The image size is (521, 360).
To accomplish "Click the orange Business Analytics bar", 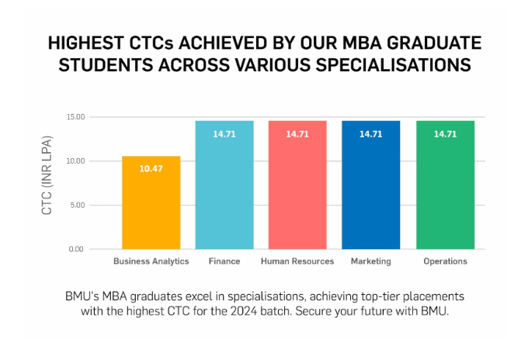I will [151, 203].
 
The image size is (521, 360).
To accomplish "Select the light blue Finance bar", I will [224, 186].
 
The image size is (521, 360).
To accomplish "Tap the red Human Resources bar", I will [297, 186].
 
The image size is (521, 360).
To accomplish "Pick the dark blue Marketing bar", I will [370, 186].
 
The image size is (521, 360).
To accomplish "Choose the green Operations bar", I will [445, 186].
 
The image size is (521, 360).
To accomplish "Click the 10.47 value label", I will [151, 168].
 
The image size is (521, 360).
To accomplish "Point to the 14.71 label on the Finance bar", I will [224, 134].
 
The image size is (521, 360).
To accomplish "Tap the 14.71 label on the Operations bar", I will [445, 134].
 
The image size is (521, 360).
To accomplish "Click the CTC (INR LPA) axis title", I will [47, 183].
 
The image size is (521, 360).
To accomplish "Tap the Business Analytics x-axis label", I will [151, 261].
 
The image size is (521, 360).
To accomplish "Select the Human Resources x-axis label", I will [297, 261].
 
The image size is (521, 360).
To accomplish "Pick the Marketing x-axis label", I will [370, 261].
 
